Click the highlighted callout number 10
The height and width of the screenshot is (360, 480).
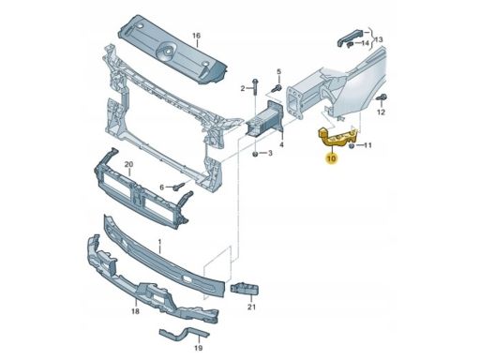(x=332, y=158)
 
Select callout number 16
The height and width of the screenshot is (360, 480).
(x=196, y=36)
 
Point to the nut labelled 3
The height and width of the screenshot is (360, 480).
(x=256, y=154)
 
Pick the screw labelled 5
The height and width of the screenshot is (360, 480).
(x=277, y=88)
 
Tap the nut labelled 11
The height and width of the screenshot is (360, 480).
(x=351, y=145)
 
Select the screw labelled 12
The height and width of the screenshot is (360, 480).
(x=382, y=97)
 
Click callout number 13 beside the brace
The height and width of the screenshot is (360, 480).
(x=378, y=40)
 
